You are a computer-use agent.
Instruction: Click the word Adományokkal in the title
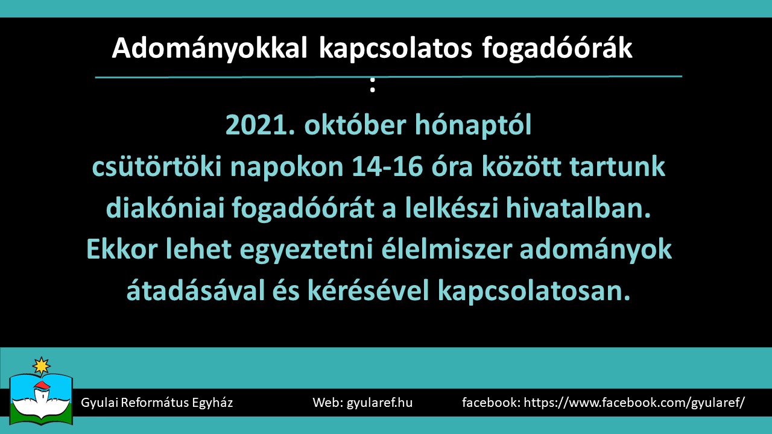tap(209, 49)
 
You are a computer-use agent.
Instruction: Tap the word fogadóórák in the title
tap(557, 48)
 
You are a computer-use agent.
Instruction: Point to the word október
tap(355, 124)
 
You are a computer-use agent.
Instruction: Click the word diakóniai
tap(165, 208)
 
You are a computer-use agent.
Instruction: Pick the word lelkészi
tap(452, 208)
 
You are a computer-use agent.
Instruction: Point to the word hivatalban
tap(578, 208)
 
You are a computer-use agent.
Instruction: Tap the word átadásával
tap(195, 291)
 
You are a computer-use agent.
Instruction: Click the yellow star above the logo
tap(42, 366)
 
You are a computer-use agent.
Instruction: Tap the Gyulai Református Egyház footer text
tap(157, 403)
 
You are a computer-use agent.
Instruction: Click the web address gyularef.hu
tap(379, 403)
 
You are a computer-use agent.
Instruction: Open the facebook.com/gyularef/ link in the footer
tap(634, 403)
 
